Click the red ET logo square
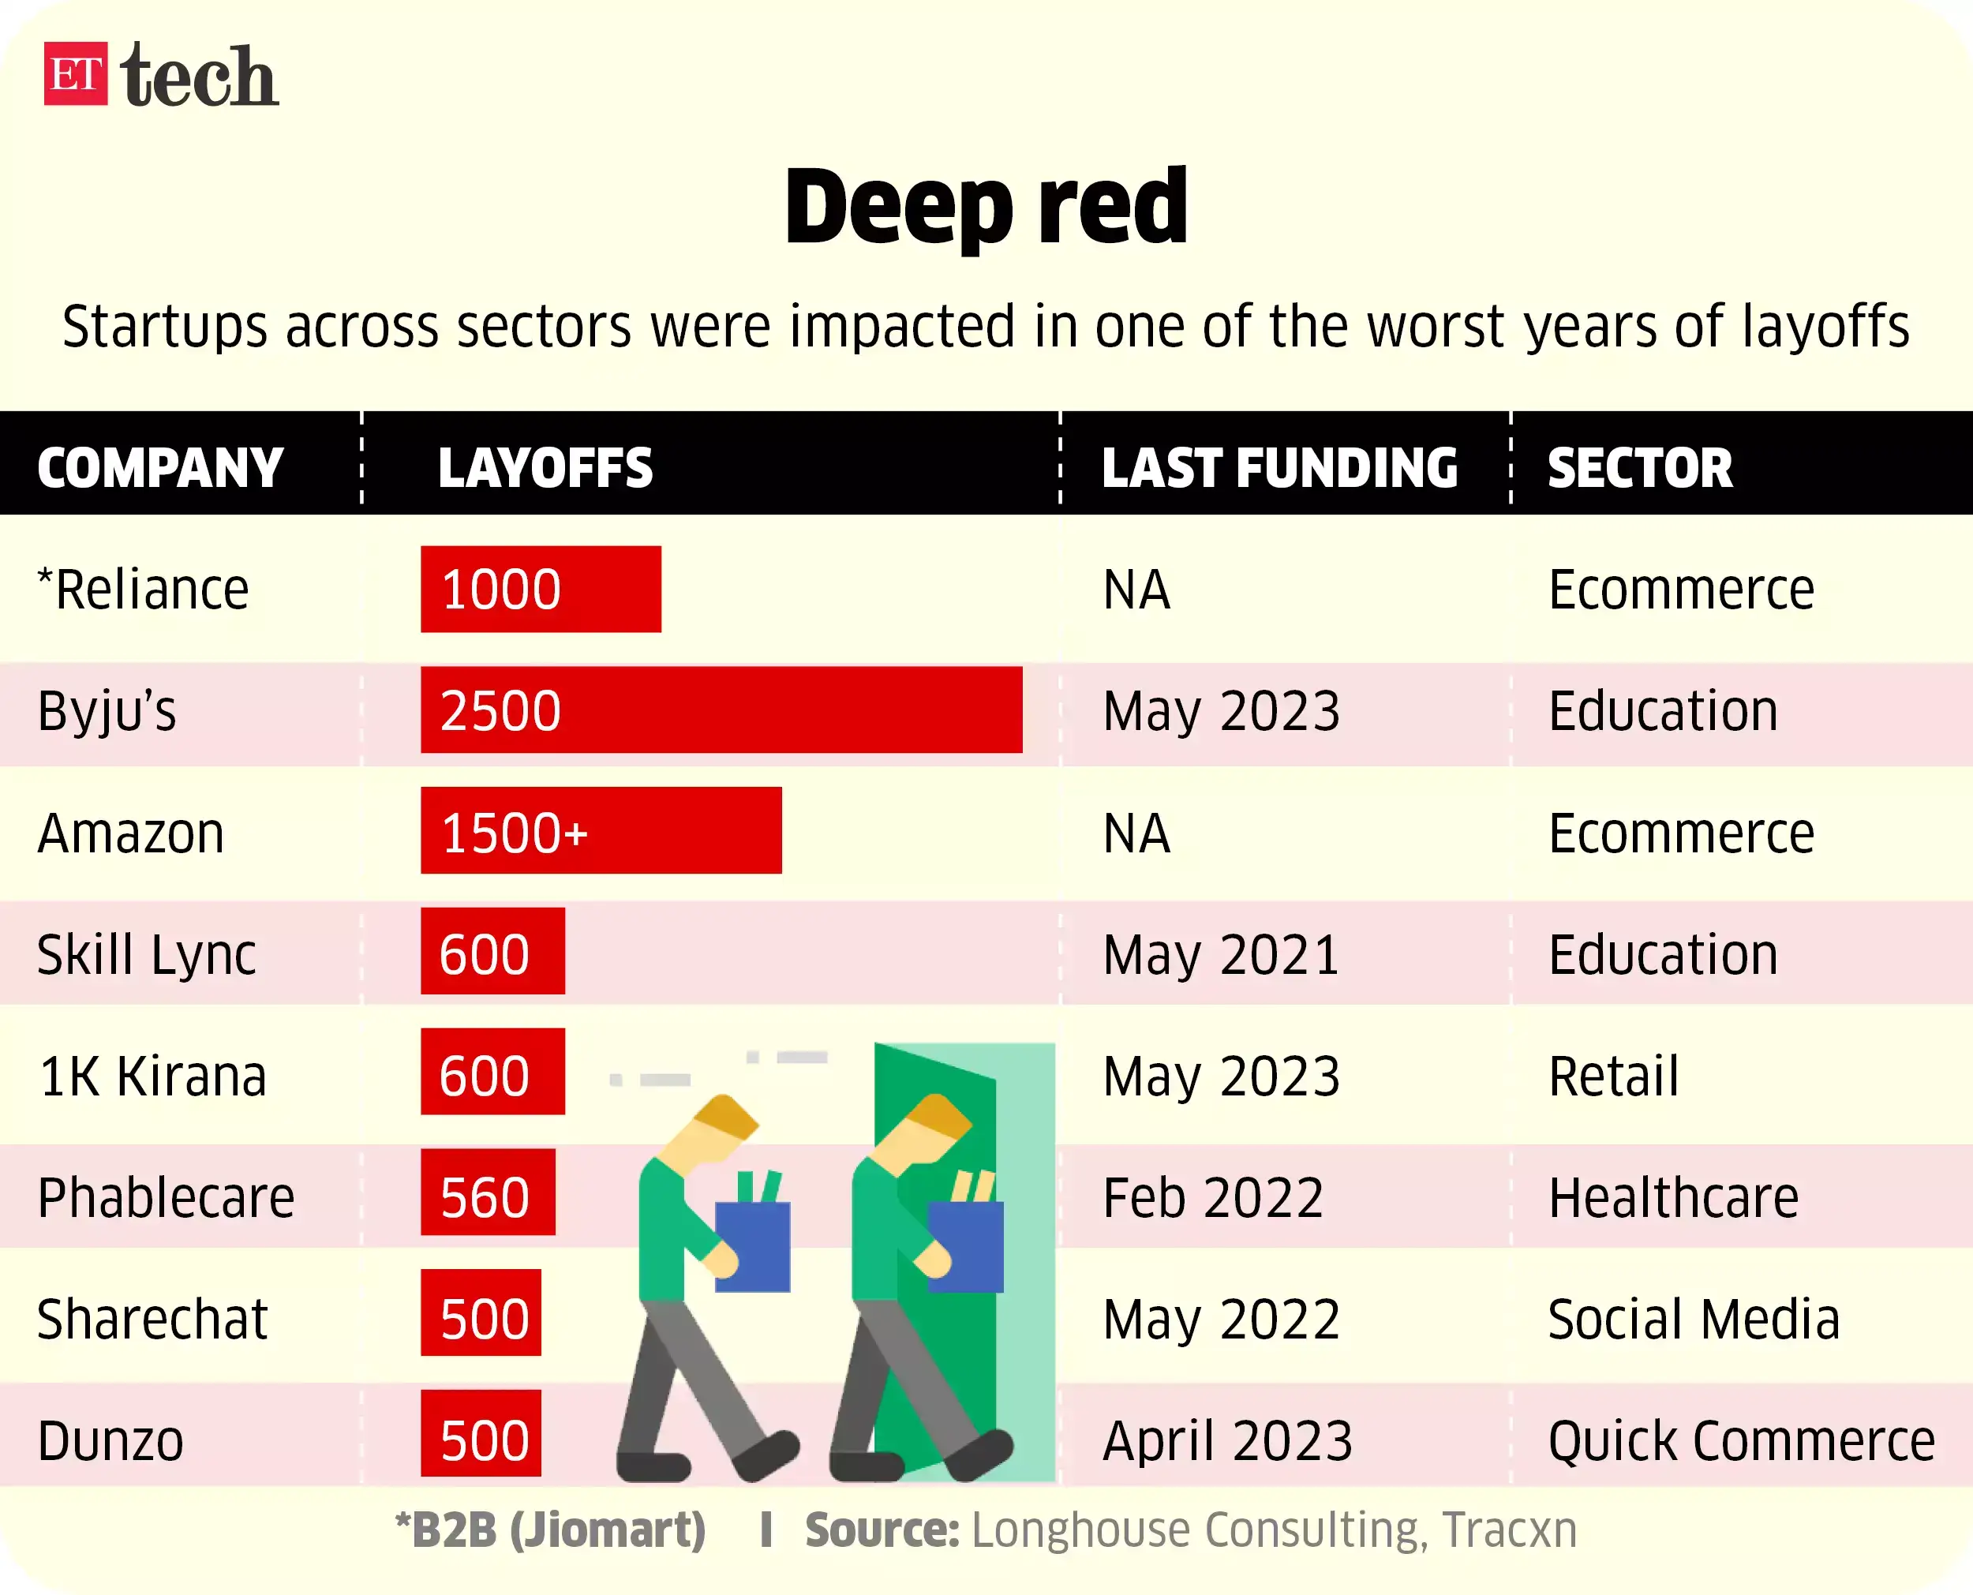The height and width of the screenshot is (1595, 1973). coord(75,73)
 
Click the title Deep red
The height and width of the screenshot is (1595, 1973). coord(986,207)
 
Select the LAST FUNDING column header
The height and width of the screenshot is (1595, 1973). coord(1279,468)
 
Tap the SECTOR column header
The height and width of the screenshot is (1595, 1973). coord(1640,468)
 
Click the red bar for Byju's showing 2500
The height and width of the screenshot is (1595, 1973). coord(721,710)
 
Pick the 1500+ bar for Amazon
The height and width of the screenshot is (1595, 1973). coord(601,830)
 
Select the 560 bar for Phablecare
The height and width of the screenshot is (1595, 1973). coord(488,1193)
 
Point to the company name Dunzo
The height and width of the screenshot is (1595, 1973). coord(111,1440)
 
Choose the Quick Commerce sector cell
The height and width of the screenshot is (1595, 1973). coord(1741,1440)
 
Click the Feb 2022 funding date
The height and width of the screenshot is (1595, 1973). coord(1212,1198)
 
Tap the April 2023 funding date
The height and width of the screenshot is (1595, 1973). coord(1227,1440)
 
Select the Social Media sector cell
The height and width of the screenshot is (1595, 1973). coord(1694,1320)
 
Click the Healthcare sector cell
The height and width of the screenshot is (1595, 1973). coord(1672,1198)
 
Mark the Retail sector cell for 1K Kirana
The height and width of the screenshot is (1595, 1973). coord(1613,1076)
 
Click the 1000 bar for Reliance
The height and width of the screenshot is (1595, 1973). coord(540,589)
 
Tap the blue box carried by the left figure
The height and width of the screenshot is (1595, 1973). coord(752,1247)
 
